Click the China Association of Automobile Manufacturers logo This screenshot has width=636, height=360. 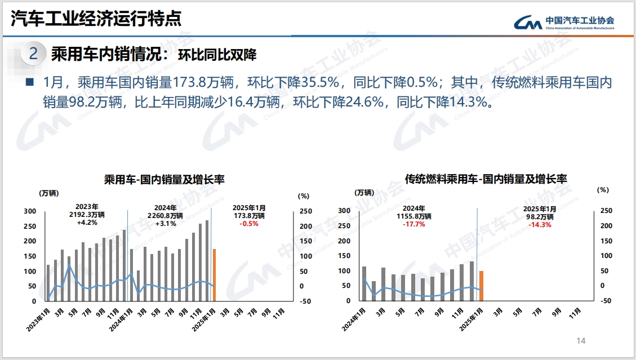coord(564,22)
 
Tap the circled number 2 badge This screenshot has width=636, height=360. coord(34,54)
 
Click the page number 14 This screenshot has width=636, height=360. coord(581,341)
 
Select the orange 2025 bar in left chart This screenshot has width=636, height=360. coord(214,274)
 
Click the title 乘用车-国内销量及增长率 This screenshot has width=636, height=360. coord(164,180)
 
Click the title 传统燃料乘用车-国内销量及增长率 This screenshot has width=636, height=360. coord(486,179)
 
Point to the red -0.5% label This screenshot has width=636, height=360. coord(249,224)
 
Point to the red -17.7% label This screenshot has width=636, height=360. coord(414,224)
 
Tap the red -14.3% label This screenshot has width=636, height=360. coord(540,224)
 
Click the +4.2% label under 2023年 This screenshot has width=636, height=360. coord(87,223)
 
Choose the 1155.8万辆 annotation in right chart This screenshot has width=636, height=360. coord(414,216)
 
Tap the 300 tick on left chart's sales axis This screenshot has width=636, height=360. coord(30,211)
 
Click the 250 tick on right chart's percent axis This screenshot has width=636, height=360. coord(606,211)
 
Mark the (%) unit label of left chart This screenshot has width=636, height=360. coord(303,196)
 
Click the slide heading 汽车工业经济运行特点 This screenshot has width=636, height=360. coord(97,19)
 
